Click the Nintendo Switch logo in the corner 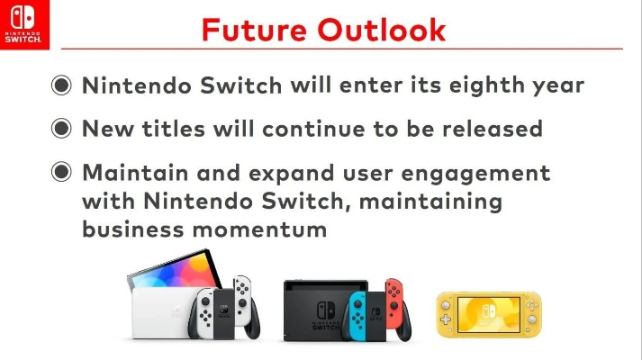[26, 24]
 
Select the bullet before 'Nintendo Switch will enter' [61, 86]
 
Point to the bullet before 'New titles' [61, 129]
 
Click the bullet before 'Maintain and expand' [61, 172]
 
